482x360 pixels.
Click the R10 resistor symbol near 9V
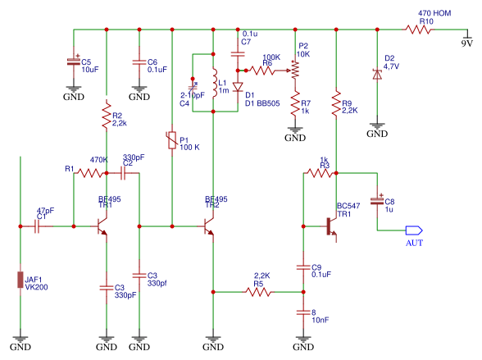[418, 30]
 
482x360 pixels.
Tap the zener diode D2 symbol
[377, 75]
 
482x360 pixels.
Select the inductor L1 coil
[215, 83]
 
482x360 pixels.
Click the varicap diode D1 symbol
[238, 87]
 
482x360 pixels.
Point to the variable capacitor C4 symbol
[193, 87]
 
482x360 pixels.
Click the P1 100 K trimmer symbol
[172, 140]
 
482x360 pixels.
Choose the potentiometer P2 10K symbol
[294, 71]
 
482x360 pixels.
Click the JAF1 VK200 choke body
[20, 280]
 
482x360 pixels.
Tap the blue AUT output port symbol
[414, 230]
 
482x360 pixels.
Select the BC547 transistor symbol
[331, 226]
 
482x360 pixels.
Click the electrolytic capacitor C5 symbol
[74, 62]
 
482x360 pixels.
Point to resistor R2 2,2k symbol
[107, 116]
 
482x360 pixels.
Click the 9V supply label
[467, 43]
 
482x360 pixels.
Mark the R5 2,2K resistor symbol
[258, 292]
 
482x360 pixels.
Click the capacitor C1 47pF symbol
[37, 226]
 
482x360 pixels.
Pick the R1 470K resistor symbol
[90, 173]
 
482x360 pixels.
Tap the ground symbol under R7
[295, 130]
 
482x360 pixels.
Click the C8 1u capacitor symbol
[377, 201]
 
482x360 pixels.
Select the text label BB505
[268, 103]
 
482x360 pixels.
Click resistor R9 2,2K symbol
[336, 103]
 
